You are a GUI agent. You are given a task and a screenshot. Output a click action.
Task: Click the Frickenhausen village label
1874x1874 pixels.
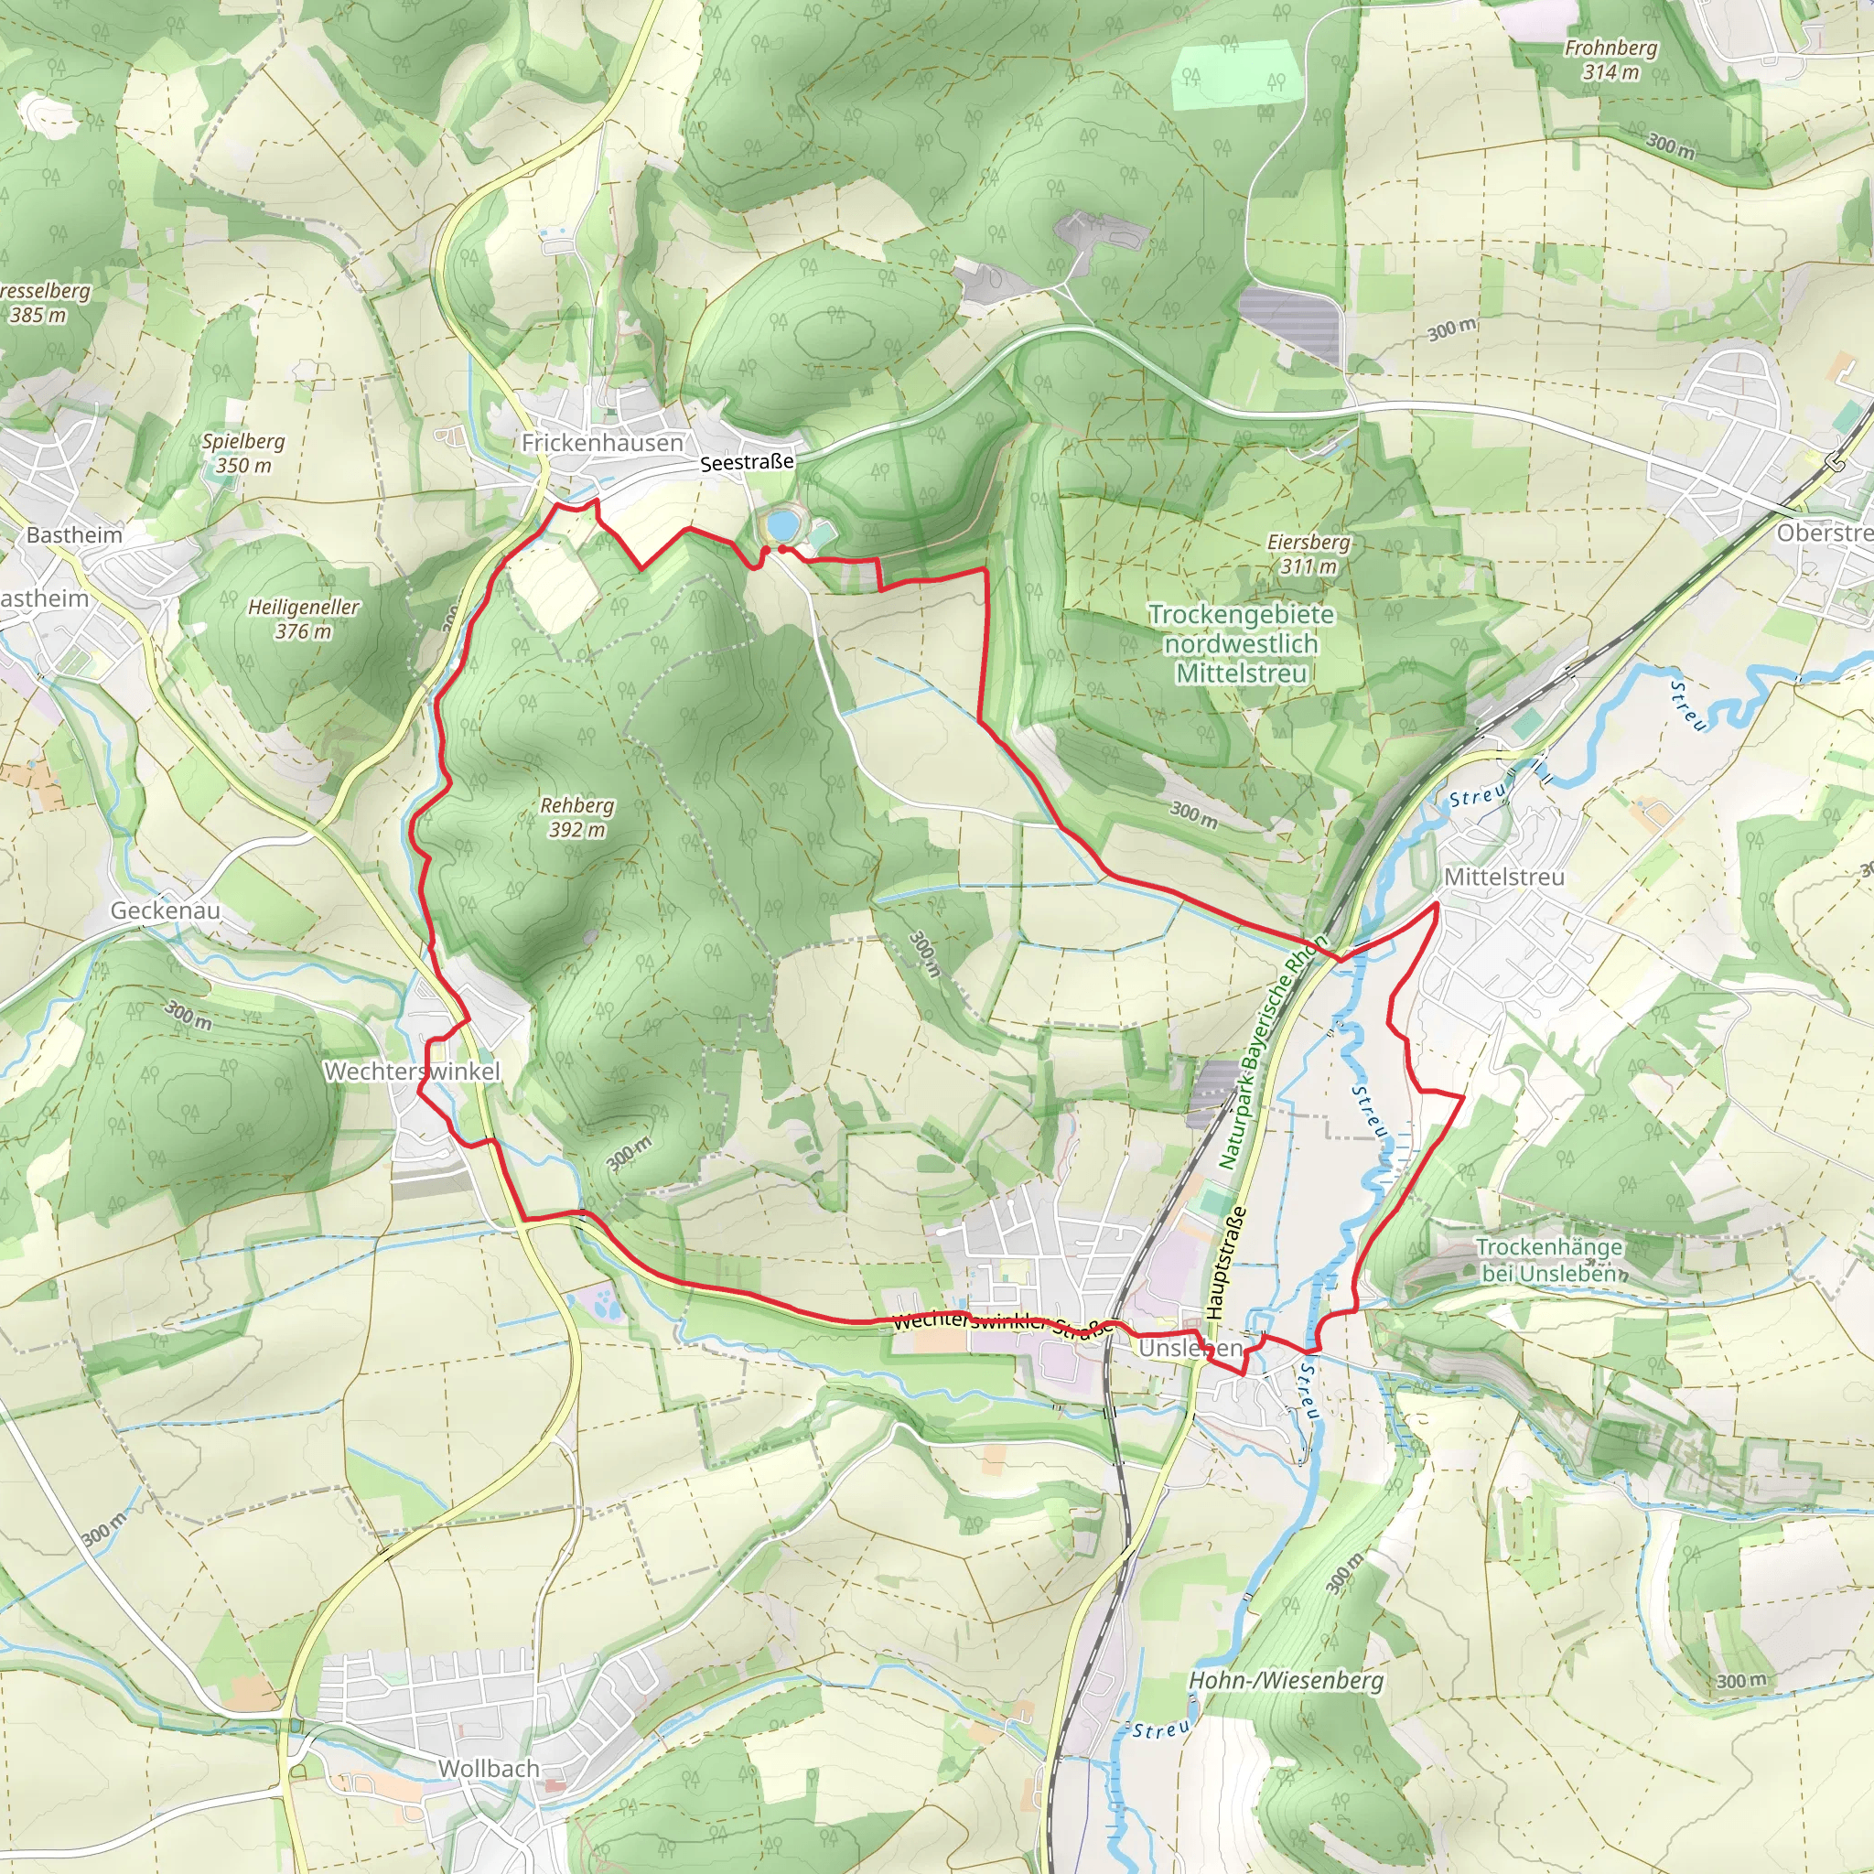pos(602,443)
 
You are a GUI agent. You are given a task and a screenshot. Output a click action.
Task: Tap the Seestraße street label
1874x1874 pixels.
pos(747,464)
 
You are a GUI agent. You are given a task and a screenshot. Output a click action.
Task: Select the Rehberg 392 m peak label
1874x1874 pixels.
pos(577,818)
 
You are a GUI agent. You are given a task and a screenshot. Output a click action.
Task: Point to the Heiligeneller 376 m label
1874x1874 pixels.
pos(304,619)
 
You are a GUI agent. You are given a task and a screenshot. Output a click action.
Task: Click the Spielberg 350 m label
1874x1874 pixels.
pos(243,453)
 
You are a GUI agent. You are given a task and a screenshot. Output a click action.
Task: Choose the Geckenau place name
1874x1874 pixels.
pos(165,910)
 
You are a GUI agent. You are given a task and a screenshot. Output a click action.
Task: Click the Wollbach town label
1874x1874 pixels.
pos(489,1768)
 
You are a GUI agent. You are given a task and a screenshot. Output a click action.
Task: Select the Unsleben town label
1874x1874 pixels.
pos(1190,1348)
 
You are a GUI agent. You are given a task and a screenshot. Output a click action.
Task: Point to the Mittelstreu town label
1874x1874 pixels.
pos(1504,877)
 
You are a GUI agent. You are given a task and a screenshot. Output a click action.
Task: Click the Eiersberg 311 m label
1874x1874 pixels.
pos(1309,554)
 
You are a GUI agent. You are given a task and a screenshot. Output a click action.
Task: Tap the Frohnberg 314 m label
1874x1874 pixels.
pos(1611,59)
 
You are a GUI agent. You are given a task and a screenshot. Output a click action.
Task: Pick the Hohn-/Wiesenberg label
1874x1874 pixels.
pos(1287,1680)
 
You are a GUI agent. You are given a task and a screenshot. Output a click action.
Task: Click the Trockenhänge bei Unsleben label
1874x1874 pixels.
pos(1549,1260)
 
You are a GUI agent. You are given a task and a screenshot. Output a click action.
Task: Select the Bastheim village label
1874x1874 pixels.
pos(75,535)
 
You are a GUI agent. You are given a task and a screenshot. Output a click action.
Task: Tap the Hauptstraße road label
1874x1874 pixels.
pos(1224,1262)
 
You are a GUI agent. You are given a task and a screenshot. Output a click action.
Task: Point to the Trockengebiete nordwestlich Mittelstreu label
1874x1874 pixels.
pos(1242,644)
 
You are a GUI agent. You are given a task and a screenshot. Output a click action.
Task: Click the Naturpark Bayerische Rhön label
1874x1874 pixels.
pos(1272,1052)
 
